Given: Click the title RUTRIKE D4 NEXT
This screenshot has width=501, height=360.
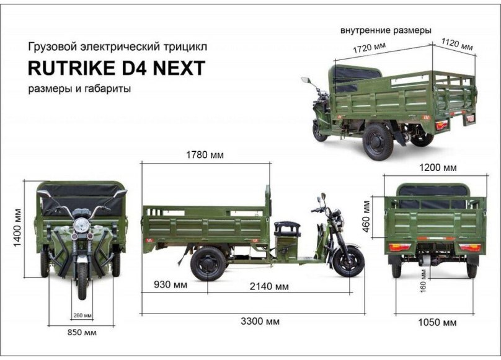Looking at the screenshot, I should click(x=117, y=68).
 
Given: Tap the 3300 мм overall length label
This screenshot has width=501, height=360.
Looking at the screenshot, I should click(x=260, y=321).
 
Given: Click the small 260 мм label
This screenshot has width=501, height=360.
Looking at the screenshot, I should click(x=82, y=316).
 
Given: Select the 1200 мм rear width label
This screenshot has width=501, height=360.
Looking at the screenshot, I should click(x=437, y=168).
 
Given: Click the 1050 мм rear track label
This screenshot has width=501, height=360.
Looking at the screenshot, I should click(x=437, y=323).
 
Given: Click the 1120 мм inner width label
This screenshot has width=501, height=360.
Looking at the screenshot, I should click(x=456, y=44).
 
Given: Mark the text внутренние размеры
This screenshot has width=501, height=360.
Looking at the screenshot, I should click(x=386, y=30).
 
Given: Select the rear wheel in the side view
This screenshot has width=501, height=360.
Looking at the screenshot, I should click(x=208, y=263).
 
